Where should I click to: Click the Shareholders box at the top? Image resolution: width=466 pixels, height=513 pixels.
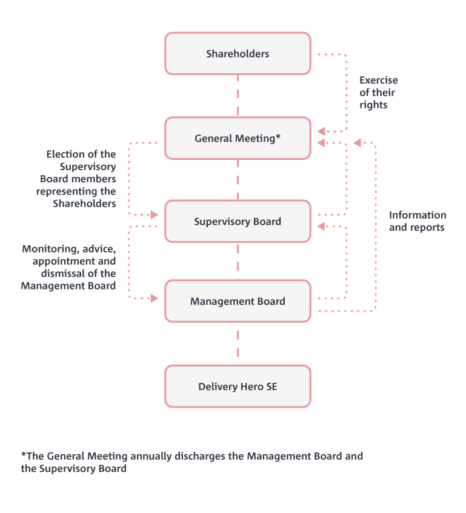click(238, 54)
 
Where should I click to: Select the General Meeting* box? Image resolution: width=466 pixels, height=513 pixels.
click(238, 139)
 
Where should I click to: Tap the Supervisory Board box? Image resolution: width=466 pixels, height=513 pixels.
click(238, 222)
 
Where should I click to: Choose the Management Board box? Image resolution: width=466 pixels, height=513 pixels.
click(238, 301)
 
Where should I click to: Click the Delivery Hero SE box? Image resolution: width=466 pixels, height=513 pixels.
click(238, 386)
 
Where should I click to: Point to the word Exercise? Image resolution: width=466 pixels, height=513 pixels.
click(378, 81)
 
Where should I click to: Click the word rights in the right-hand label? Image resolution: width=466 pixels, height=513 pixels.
click(373, 105)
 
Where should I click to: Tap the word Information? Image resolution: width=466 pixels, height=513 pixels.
click(418, 216)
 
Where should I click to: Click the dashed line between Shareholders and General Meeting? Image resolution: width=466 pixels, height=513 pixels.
click(238, 96)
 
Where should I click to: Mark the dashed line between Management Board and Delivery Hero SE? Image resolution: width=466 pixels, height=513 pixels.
click(238, 343)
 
